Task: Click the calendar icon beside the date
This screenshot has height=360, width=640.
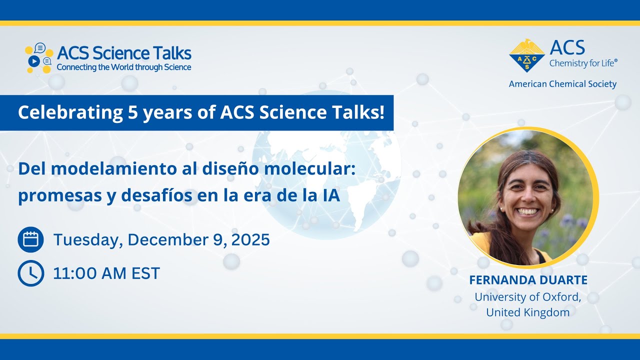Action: click(30, 239)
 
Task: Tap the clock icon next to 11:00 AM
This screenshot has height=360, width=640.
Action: click(30, 273)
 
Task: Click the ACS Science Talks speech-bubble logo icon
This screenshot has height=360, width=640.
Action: click(38, 58)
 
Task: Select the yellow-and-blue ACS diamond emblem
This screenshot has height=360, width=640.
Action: click(526, 55)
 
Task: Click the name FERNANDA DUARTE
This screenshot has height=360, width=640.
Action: click(528, 280)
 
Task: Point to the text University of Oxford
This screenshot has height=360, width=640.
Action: click(528, 296)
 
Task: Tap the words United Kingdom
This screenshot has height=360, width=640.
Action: click(528, 312)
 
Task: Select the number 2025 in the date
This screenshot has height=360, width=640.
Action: click(250, 240)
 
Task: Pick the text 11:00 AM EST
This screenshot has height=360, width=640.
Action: click(106, 273)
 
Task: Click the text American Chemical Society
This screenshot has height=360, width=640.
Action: click(562, 84)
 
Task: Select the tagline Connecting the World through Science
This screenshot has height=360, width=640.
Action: click(124, 67)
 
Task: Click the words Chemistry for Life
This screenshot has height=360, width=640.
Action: click(583, 63)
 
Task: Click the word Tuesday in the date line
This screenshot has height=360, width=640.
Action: click(86, 240)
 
